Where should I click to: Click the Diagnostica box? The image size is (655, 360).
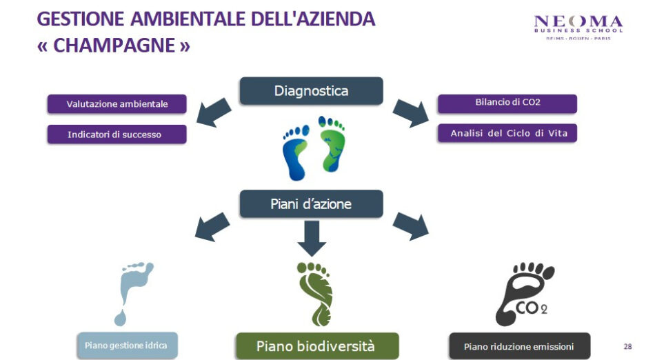(x=311, y=91)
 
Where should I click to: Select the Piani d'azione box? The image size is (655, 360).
(x=311, y=204)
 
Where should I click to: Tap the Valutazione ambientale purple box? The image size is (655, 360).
(x=117, y=104)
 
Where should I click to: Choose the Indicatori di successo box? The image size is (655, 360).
(x=117, y=134)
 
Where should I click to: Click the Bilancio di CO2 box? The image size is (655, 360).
(x=507, y=103)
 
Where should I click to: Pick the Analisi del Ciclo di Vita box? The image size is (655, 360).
(x=507, y=133)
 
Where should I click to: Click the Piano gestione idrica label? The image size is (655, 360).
(x=126, y=344)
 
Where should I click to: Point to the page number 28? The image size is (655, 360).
(x=627, y=346)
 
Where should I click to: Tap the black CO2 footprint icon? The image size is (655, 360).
(x=524, y=292)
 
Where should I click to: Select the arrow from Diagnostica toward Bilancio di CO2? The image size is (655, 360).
(x=410, y=112)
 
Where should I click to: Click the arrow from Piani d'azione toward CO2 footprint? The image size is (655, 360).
(x=410, y=226)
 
